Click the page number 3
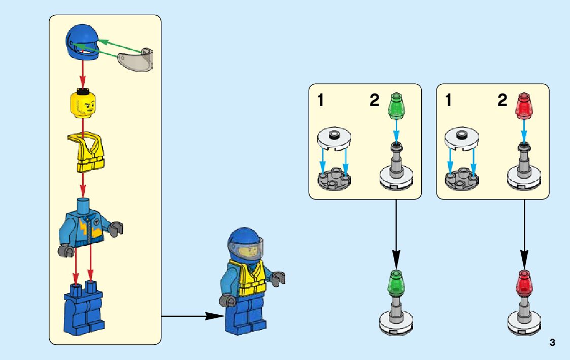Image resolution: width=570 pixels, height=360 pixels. point(552,343)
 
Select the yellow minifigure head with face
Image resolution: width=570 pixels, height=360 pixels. point(83,104)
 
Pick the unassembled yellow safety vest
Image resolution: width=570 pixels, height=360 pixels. point(90,152)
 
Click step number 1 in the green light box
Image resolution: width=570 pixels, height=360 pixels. point(320,101)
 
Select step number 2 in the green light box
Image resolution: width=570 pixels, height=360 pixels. point(375,101)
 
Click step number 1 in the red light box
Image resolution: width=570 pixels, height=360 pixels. point(448,101)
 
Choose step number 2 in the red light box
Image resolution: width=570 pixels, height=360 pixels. point(502,101)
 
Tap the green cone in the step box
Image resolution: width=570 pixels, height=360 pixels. point(396,106)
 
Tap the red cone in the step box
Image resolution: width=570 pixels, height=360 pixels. point(524,106)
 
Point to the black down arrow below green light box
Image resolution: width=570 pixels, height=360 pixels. point(396,234)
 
